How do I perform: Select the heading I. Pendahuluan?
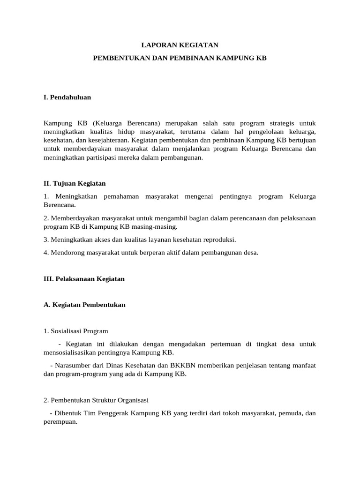pos(67,97)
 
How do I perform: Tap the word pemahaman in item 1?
pos(119,196)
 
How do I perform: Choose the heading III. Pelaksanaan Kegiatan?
pos(84,278)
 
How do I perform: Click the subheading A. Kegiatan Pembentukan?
pos(84,305)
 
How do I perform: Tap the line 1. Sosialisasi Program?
pos(75,331)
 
